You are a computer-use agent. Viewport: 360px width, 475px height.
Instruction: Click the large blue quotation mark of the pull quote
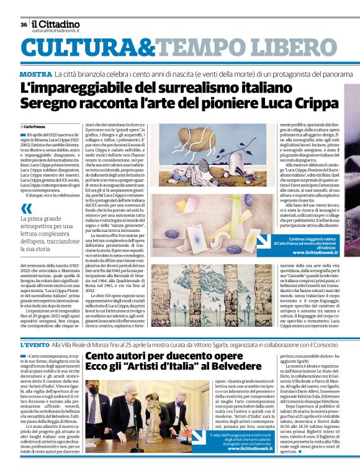(x=27, y=210)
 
